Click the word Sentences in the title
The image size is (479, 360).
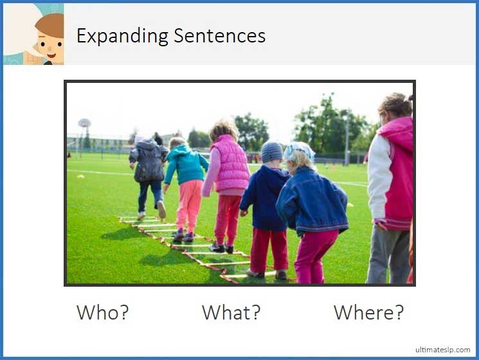(219, 36)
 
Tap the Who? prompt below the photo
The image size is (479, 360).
(103, 312)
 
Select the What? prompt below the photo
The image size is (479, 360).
(231, 312)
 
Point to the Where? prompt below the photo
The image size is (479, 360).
(368, 312)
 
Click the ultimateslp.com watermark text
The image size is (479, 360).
(442, 350)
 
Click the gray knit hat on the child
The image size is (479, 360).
(271, 152)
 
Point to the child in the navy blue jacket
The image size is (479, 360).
(265, 196)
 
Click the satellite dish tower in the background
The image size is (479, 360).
(85, 123)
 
